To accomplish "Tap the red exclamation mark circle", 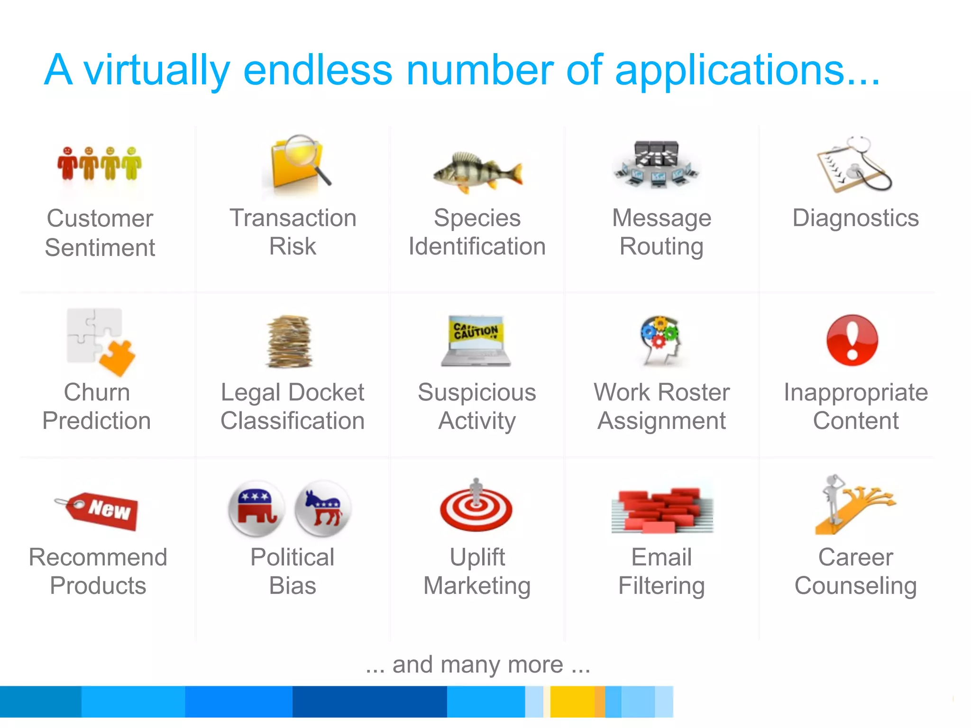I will (852, 340).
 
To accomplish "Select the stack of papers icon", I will (289, 341).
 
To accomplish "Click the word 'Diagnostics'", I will (855, 218).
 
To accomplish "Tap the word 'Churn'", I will (97, 392).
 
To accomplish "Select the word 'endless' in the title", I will (318, 70).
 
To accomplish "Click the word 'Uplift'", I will (477, 557).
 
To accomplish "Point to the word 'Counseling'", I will (855, 586).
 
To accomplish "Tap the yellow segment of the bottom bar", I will (572, 701).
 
